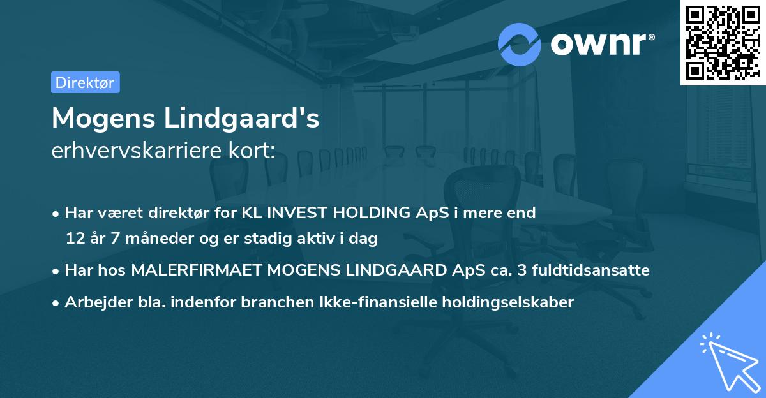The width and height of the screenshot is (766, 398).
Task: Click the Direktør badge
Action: [85, 82]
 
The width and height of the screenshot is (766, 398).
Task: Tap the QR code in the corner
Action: [723, 42]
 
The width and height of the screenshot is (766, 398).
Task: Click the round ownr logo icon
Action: [520, 44]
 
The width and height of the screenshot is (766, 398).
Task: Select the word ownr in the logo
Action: [600, 44]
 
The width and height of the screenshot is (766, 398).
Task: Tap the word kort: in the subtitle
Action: [254, 151]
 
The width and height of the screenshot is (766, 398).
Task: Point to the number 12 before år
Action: [75, 239]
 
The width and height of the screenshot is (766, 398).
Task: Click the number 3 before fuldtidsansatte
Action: [522, 270]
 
